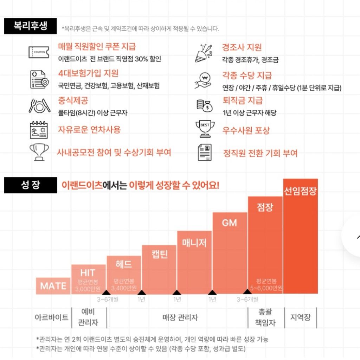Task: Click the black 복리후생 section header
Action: click(30, 26)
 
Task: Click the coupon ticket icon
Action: click(39, 52)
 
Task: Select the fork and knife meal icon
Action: click(39, 105)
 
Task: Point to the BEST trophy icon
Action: click(205, 129)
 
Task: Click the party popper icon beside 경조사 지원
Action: click(204, 53)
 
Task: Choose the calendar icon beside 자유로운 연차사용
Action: click(39, 130)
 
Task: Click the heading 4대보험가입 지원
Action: click(88, 73)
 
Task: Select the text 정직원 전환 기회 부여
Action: click(260, 153)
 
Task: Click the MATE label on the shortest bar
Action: click(53, 286)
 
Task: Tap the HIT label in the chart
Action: click(88, 273)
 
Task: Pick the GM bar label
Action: click(230, 223)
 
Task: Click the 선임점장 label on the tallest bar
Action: click(300, 192)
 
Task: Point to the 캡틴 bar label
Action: click(159, 254)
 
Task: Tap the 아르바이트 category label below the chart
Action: click(51, 317)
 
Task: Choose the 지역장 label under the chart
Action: click(300, 317)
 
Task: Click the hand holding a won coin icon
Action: click(203, 81)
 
